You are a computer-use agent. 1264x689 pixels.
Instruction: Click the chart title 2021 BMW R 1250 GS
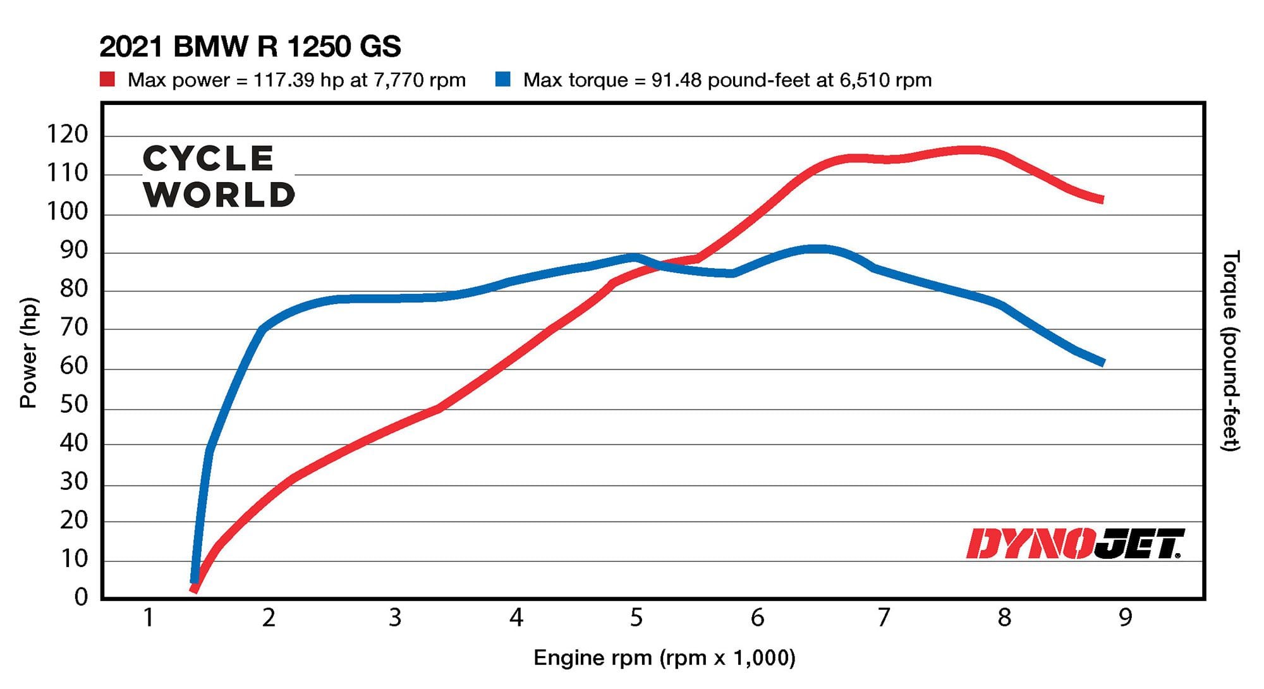tap(250, 47)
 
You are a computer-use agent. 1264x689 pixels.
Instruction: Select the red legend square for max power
tap(107, 80)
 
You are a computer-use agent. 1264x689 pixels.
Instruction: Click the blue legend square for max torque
tap(502, 80)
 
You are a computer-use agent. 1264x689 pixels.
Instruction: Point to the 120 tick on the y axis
tap(67, 134)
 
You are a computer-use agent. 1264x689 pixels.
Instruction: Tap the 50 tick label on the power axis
tap(73, 404)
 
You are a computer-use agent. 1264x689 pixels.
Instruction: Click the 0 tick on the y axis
tap(81, 597)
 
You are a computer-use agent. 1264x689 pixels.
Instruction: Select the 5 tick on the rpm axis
tap(636, 618)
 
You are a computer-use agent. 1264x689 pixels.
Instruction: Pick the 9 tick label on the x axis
tap(1125, 618)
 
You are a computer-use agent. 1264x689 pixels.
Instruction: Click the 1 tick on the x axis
tap(148, 618)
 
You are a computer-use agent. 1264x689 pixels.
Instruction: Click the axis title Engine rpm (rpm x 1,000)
tap(664, 658)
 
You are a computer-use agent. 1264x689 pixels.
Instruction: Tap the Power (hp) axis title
tap(28, 353)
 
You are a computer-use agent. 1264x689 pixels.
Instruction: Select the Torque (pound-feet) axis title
tap(1230, 351)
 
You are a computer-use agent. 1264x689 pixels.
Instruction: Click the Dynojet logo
tap(1074, 544)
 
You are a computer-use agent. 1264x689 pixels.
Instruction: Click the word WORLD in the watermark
tap(219, 195)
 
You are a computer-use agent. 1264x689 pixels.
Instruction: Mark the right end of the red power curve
tap(1102, 199)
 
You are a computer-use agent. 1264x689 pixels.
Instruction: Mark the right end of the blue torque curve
tap(1102, 362)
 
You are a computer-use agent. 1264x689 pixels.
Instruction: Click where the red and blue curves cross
tap(657, 265)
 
